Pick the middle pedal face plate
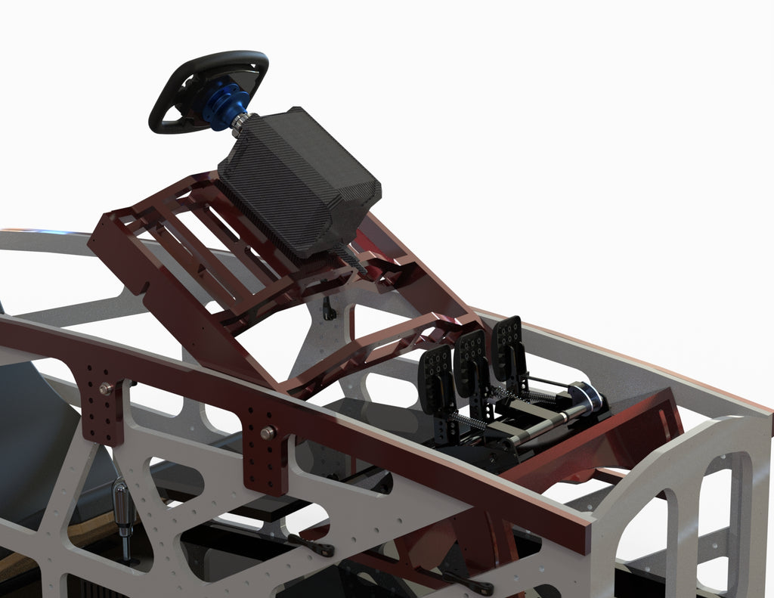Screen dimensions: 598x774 pos(472,355)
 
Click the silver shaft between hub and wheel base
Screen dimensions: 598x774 pos(241,122)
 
